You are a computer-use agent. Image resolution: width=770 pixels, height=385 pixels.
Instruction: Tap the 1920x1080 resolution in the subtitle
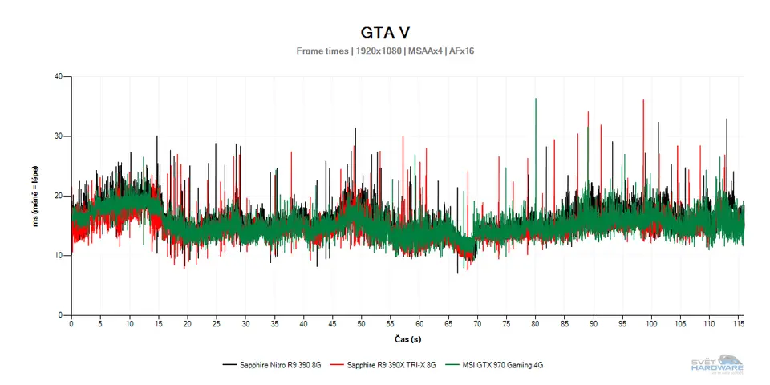pyautogui.click(x=376, y=51)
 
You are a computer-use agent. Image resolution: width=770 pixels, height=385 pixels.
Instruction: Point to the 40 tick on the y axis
pyautogui.click(x=59, y=77)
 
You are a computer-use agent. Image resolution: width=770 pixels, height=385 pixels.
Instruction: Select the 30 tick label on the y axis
pyautogui.click(x=59, y=136)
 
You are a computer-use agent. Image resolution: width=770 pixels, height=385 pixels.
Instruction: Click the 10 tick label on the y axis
pyautogui.click(x=59, y=255)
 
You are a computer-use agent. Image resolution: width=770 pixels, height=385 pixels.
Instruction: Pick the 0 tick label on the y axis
pyautogui.click(x=61, y=314)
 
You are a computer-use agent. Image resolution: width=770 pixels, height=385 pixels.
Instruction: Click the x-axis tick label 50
pyautogui.click(x=361, y=325)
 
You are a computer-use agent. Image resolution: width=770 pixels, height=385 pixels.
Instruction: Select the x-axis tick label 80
pyautogui.click(x=535, y=325)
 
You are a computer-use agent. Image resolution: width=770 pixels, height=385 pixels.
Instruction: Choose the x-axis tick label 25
pyautogui.click(x=217, y=325)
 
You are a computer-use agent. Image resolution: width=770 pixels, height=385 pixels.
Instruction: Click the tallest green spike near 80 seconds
pyautogui.click(x=536, y=99)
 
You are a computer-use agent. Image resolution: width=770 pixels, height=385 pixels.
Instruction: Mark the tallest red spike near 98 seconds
pyautogui.click(x=643, y=101)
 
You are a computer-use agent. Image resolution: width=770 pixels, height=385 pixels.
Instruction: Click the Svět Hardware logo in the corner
pyautogui.click(x=717, y=363)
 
